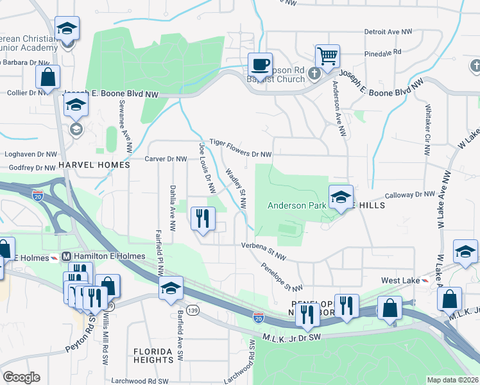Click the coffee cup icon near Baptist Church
(x=260, y=65)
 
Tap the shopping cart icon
(x=327, y=56)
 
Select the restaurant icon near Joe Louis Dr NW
(x=203, y=219)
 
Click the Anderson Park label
(x=296, y=205)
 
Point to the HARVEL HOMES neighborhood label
(x=94, y=165)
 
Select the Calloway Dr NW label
(x=410, y=194)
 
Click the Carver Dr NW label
(x=166, y=158)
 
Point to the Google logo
(x=21, y=377)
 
